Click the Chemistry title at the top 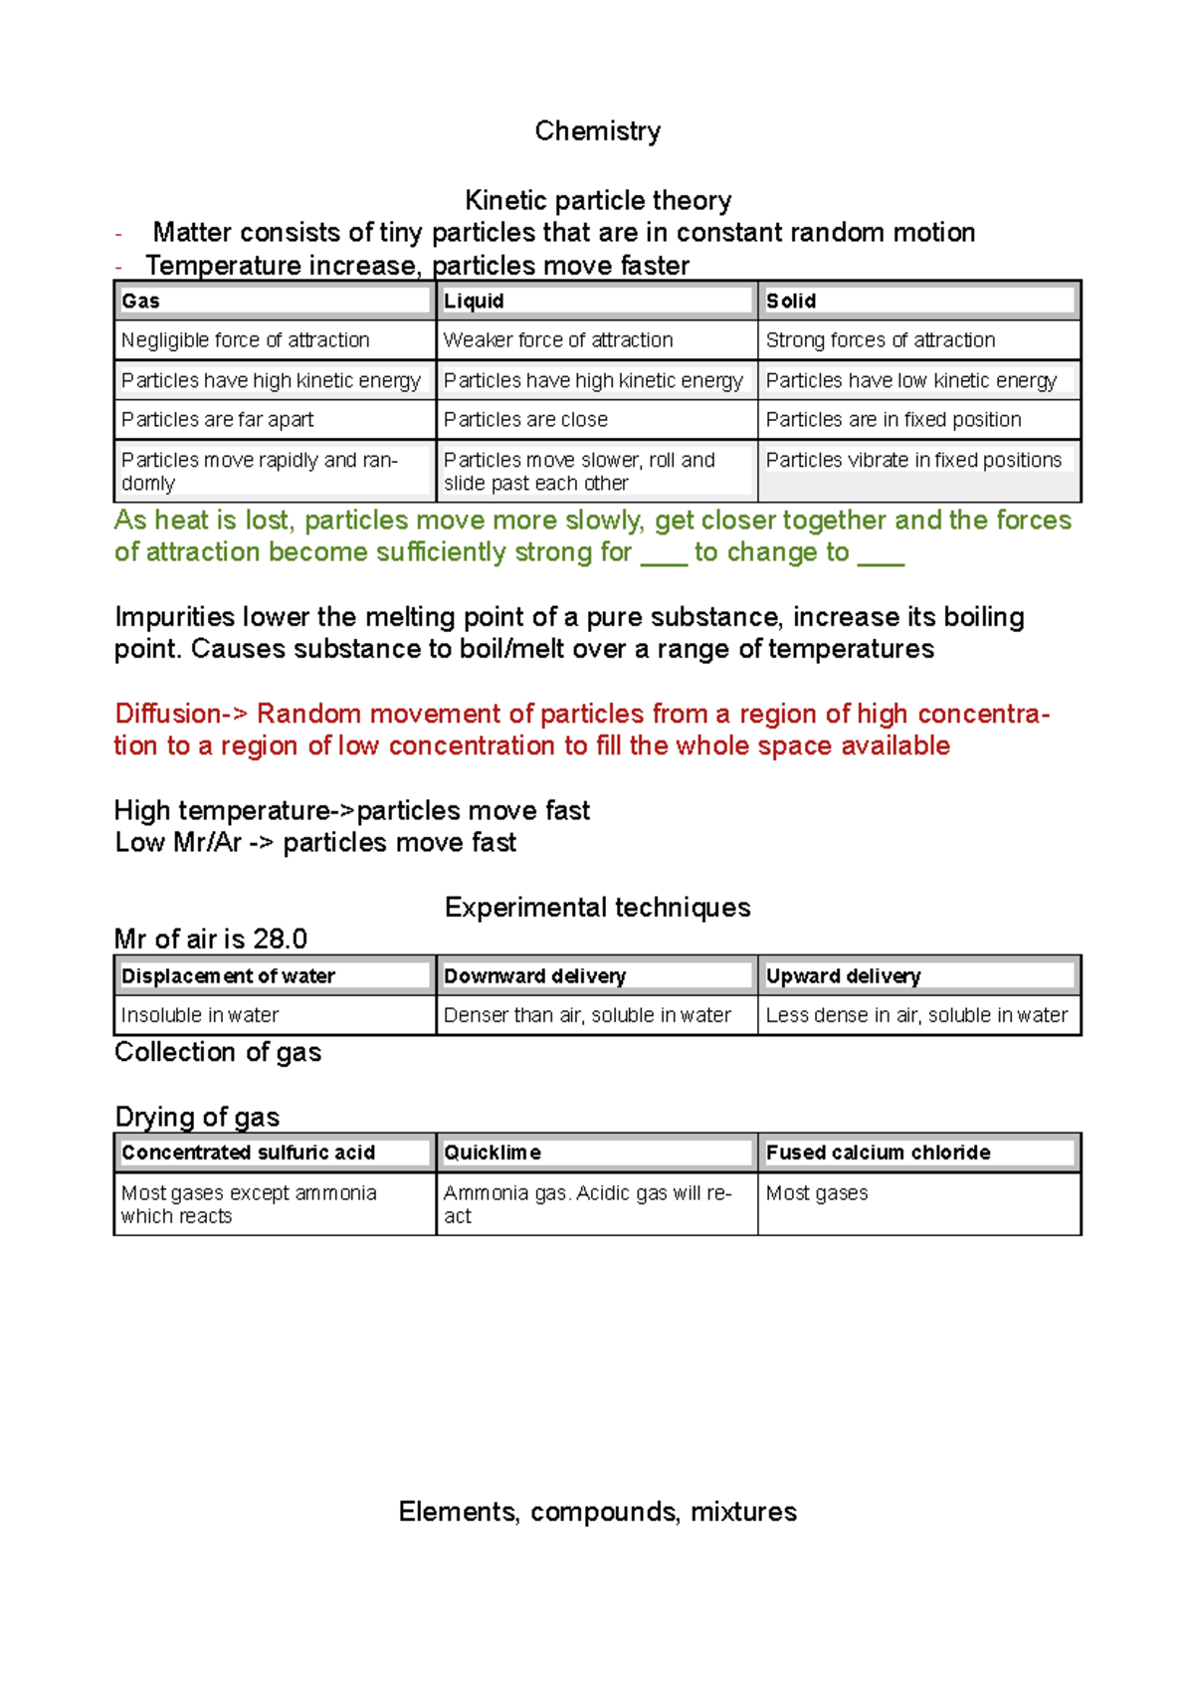tap(597, 131)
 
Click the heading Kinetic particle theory tap(597, 200)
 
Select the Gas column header tap(140, 301)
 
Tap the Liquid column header tap(474, 301)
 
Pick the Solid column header tap(791, 301)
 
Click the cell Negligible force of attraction tap(245, 340)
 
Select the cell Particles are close tap(525, 420)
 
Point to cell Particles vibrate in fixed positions tap(913, 461)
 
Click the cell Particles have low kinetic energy tap(910, 380)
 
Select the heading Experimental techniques tap(597, 908)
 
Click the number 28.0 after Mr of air tap(280, 940)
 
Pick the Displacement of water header tap(228, 976)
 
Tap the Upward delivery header tap(843, 976)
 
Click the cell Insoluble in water tap(199, 1015)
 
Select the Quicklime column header tap(493, 1153)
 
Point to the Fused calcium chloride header tap(878, 1153)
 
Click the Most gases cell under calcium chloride tap(816, 1193)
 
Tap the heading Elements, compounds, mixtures tap(597, 1512)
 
